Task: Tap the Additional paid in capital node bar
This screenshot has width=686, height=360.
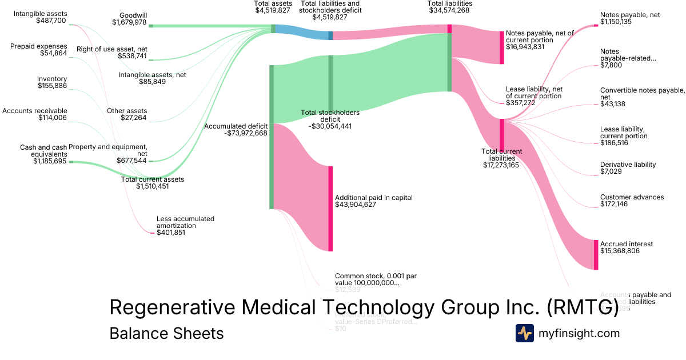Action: coord(330,209)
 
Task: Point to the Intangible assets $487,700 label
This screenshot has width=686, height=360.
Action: coord(40,17)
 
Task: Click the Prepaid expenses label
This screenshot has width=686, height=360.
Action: coord(38,46)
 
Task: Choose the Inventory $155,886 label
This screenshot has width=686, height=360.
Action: coord(52,82)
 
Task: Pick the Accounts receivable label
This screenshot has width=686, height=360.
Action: coord(35,111)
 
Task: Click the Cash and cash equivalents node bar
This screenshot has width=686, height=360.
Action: coord(71,162)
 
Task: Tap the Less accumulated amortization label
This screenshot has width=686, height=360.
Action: coord(185,222)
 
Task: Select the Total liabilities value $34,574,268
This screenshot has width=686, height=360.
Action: coord(449,10)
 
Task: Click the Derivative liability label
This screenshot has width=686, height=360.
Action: coord(628,165)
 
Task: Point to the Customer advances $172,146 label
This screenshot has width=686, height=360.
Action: coord(632,201)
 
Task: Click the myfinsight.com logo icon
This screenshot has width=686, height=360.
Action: coord(524,333)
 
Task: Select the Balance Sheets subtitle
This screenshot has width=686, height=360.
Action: coord(166,333)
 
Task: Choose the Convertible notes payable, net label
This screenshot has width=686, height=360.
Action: coord(642,94)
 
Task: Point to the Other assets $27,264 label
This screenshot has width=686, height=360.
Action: coord(127,114)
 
